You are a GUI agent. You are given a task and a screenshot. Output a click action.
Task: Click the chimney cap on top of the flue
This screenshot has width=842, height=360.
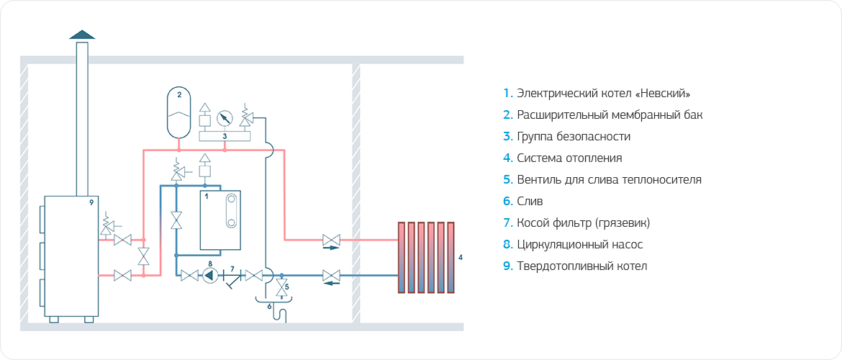click(82, 35)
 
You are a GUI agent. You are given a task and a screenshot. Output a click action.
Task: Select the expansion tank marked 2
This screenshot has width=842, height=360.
click(179, 112)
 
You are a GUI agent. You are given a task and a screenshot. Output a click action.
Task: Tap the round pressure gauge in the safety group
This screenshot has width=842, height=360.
click(225, 117)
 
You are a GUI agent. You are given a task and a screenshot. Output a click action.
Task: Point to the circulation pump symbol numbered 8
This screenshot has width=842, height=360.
click(210, 274)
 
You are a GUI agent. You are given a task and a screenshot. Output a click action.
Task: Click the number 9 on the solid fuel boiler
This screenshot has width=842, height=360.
click(91, 203)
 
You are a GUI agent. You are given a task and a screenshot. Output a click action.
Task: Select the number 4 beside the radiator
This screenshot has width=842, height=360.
click(461, 257)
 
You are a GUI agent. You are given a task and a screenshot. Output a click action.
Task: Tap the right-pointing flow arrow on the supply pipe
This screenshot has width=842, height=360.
click(330, 248)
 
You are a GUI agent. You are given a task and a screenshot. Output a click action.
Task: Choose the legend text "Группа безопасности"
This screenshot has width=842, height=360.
click(574, 137)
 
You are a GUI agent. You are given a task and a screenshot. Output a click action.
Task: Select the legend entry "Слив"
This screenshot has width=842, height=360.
click(530, 202)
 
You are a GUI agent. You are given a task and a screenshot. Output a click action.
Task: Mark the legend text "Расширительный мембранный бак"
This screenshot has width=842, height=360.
click(609, 115)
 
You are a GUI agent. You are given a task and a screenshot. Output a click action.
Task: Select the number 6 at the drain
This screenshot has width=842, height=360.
click(270, 306)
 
